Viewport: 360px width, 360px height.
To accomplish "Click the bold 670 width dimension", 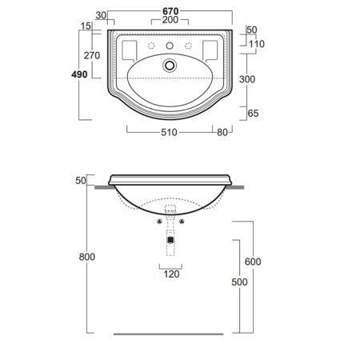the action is [x=170, y=11].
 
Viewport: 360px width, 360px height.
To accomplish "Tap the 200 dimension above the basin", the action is [x=170, y=20].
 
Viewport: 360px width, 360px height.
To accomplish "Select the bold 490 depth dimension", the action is [x=79, y=74].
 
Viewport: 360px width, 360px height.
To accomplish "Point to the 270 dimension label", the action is [x=92, y=55].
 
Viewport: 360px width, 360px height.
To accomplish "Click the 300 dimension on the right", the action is [x=247, y=79].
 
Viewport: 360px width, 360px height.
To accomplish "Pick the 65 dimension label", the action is [x=253, y=114].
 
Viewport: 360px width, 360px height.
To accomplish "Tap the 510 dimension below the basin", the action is [x=169, y=132].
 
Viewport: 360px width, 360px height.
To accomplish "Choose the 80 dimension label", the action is [x=222, y=132].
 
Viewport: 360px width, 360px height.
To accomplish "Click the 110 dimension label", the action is [x=257, y=44].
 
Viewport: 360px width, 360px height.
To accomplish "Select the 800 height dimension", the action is [x=87, y=257].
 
